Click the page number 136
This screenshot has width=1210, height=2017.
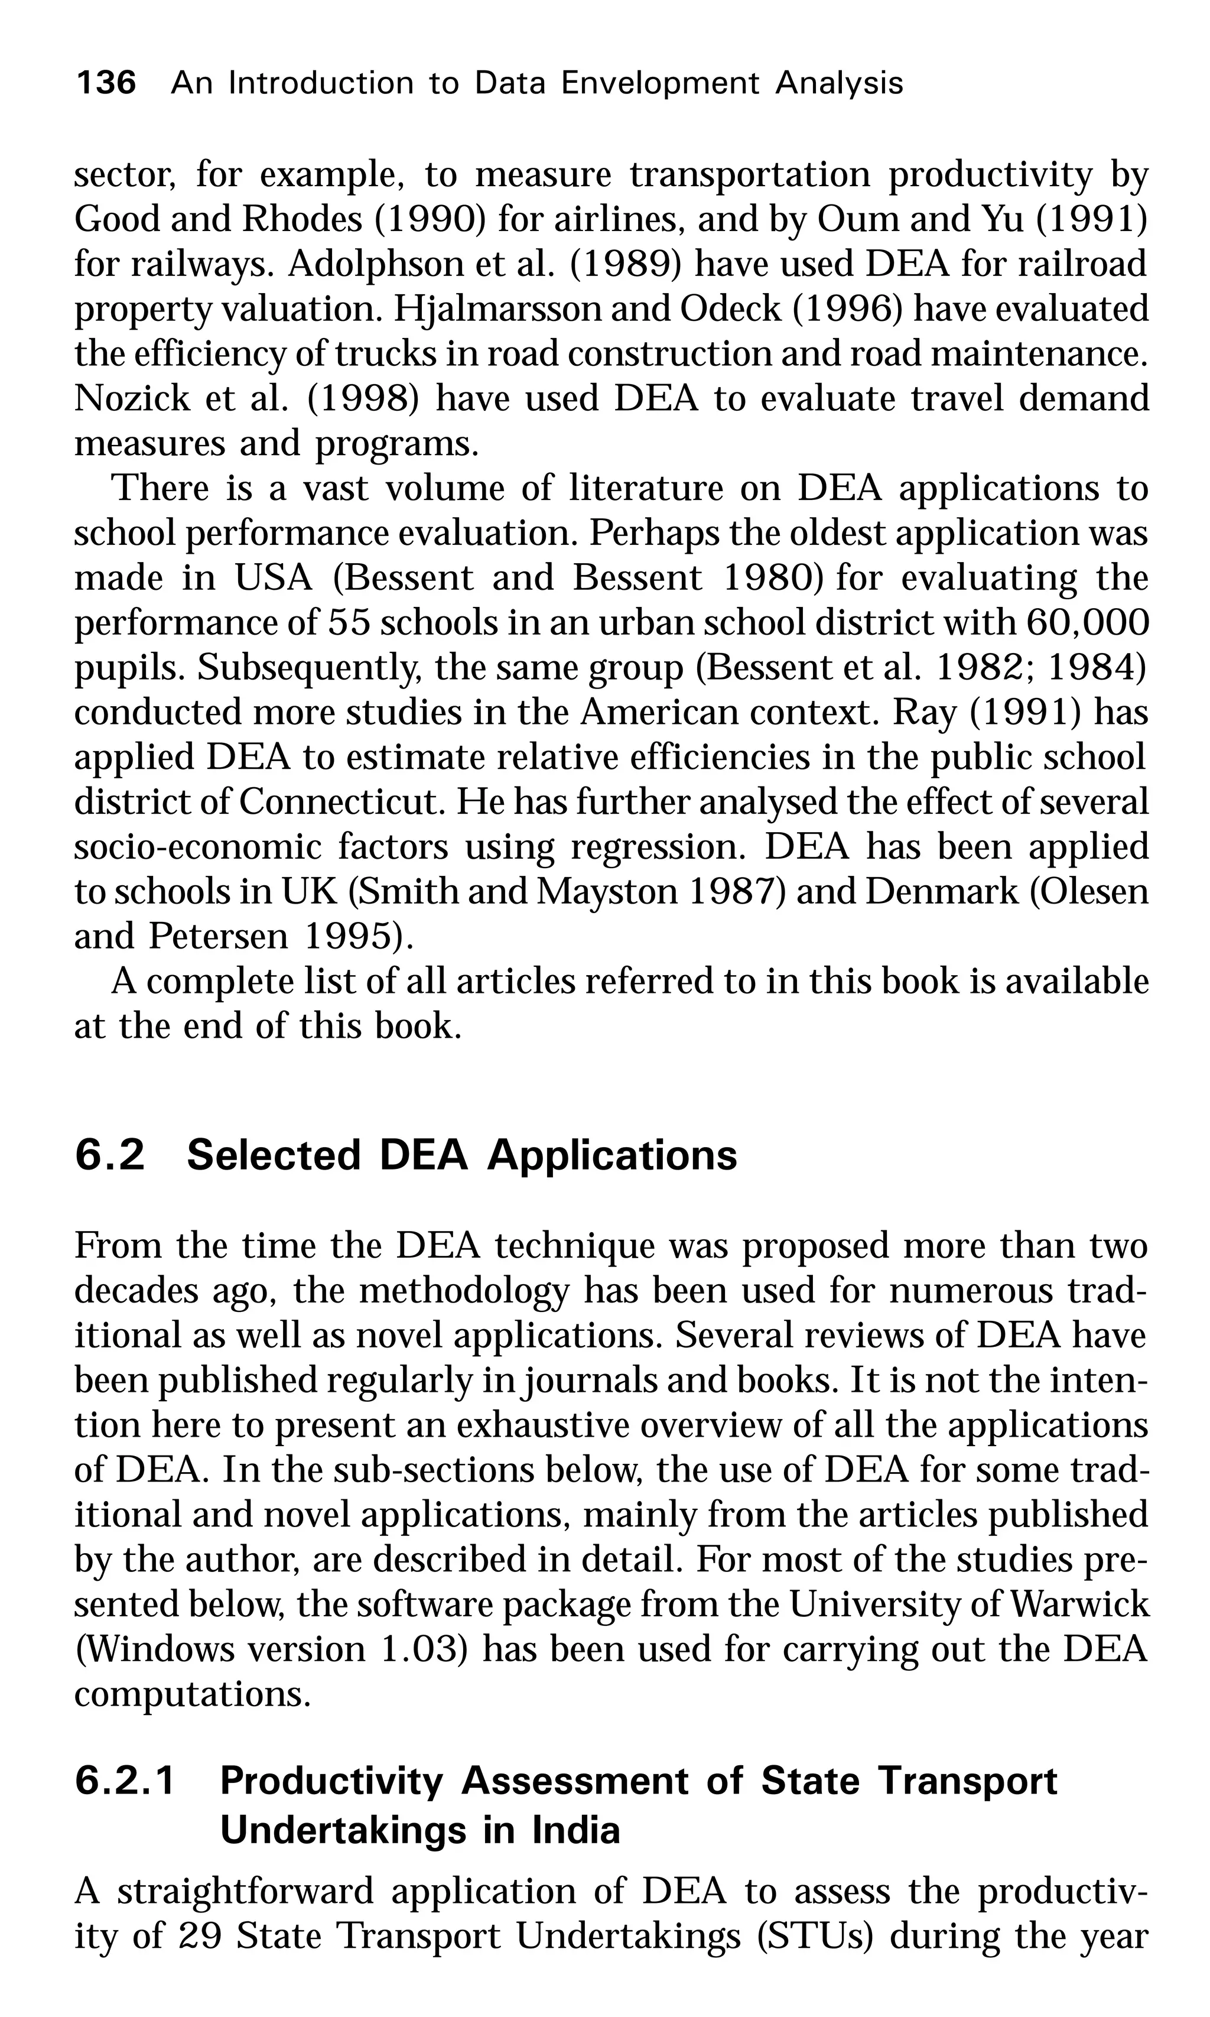click(x=105, y=83)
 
